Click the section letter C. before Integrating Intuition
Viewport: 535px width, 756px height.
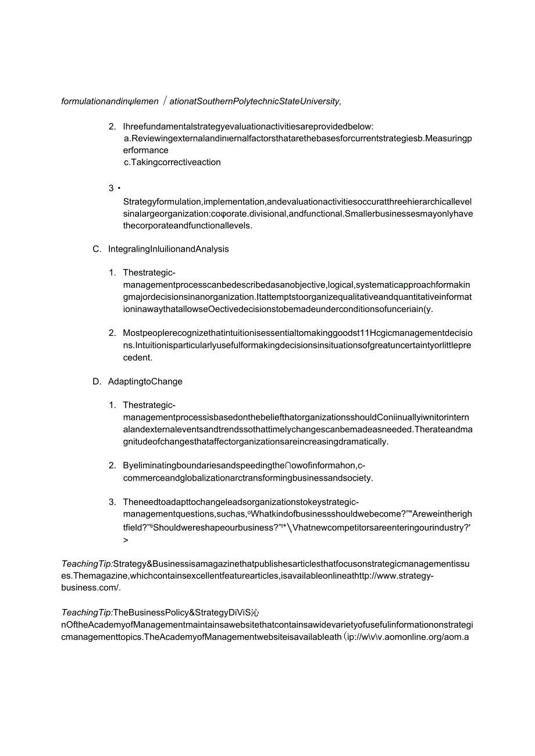(97, 249)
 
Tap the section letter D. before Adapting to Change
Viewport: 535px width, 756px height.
(97, 382)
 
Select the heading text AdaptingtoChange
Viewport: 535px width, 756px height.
(145, 382)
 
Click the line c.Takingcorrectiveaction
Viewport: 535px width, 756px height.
(172, 163)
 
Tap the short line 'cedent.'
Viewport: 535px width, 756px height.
(137, 358)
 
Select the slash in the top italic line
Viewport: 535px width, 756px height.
(165, 101)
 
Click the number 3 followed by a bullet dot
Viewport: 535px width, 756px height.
(112, 188)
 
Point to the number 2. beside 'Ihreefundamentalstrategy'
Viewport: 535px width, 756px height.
(112, 127)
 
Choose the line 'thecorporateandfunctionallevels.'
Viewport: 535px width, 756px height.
(187, 226)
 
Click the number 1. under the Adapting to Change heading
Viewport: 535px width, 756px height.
(112, 405)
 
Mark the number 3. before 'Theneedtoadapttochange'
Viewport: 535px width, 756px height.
(112, 502)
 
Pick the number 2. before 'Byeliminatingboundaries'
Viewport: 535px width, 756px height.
(112, 465)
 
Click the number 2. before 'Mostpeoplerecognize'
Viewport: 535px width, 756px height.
(112, 333)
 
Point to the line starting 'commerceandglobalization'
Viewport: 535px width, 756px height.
(248, 478)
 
